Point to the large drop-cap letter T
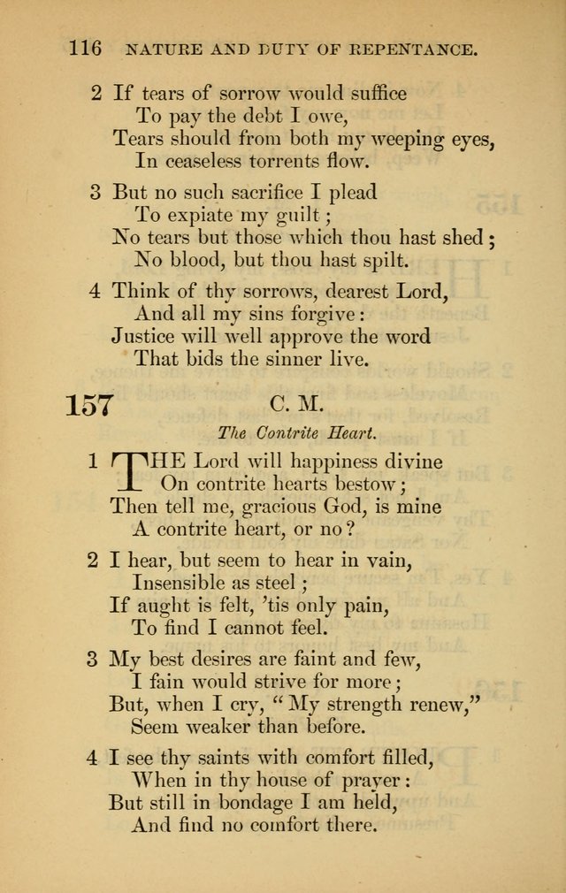click(x=127, y=471)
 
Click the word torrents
click(x=274, y=160)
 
